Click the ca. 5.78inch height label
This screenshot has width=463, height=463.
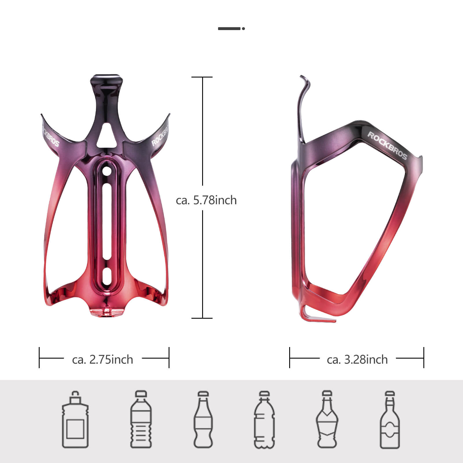point(206,200)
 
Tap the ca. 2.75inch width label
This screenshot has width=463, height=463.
point(102,359)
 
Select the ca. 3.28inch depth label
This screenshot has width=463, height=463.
point(357,359)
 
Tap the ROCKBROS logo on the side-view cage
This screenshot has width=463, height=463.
point(387,145)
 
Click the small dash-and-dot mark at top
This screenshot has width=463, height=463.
point(231,28)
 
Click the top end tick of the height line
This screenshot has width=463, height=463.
point(202,77)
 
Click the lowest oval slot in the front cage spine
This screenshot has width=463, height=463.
point(107,276)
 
